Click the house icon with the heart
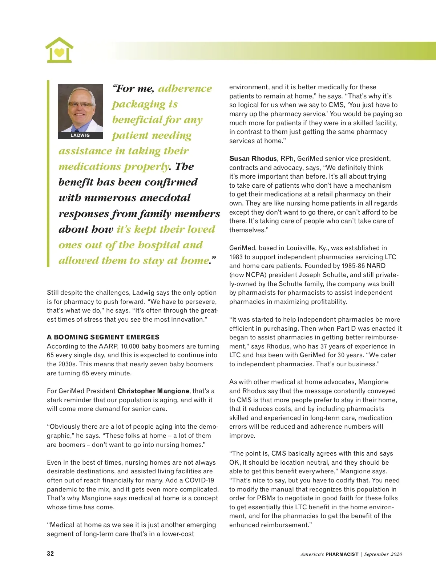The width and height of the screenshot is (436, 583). pyautogui.click(x=59, y=50)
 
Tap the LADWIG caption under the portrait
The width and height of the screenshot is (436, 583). pyautogui.click(x=80, y=135)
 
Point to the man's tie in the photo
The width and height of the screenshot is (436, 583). pyautogui.click(x=77, y=128)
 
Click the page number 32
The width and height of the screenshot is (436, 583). pyautogui.click(x=51, y=554)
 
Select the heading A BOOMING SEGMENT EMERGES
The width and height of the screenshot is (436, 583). pyautogui.click(x=103, y=337)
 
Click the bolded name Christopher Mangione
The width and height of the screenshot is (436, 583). pyautogui.click(x=153, y=391)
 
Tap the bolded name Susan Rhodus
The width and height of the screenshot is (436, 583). pyautogui.click(x=253, y=159)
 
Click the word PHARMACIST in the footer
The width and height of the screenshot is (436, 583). pyautogui.click(x=342, y=554)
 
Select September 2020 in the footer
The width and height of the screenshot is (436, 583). pyautogui.click(x=383, y=554)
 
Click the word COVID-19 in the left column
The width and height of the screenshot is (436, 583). pyautogui.click(x=199, y=480)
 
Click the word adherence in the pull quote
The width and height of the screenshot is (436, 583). pyautogui.click(x=185, y=89)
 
